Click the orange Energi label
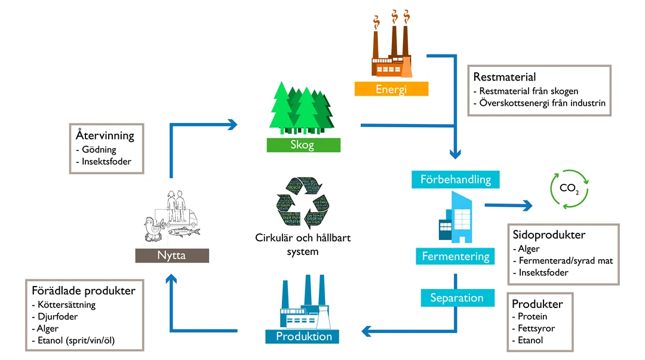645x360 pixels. point(391,90)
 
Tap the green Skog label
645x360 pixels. point(303,145)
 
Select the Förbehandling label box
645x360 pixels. point(455,179)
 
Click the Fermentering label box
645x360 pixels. point(455,257)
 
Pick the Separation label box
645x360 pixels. point(457,297)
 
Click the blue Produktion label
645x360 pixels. point(303,336)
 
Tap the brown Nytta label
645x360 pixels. point(172,256)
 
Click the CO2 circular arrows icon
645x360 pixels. point(569,189)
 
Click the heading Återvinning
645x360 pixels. point(105,135)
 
